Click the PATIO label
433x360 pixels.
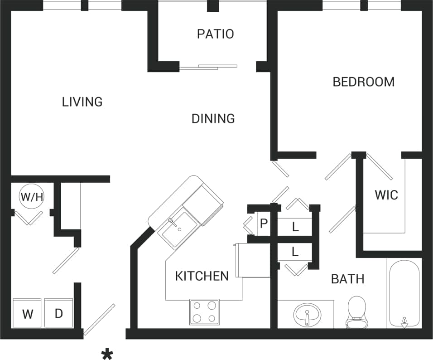tap(215, 34)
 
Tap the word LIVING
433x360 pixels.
tap(82, 102)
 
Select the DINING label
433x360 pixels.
tap(213, 119)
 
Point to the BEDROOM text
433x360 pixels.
tap(363, 82)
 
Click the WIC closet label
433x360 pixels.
tap(386, 195)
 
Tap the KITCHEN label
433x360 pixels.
tap(202, 276)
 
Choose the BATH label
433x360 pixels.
tap(347, 278)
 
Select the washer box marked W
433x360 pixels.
tap(27, 313)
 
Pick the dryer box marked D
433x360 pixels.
tap(59, 313)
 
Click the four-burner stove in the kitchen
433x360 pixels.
tap(204, 312)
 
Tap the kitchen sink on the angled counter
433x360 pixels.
tap(178, 229)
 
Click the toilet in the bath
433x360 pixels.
tap(357, 312)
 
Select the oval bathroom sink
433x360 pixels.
tap(307, 314)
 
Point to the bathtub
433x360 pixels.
tap(404, 292)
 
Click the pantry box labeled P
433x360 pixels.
tap(264, 224)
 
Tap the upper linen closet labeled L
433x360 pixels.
tap(295, 227)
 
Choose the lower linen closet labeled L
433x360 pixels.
tap(295, 252)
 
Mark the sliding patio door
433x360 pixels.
tap(208, 67)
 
